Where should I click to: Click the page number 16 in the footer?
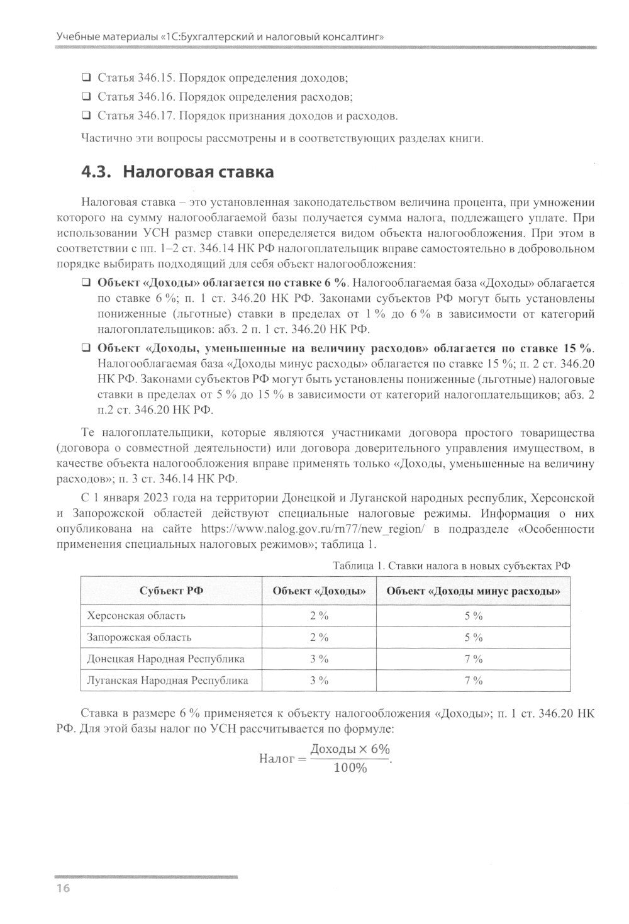63,888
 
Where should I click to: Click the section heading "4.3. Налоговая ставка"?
178,172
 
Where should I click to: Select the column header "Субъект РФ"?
171,591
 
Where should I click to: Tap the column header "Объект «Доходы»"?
319,591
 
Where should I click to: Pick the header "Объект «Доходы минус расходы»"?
473,591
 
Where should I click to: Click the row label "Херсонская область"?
136,615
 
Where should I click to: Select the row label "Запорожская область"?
139,637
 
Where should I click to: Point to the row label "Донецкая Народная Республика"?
166,659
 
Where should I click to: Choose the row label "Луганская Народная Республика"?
167,680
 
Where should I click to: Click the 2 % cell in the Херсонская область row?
319,615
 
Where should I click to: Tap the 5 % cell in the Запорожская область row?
473,637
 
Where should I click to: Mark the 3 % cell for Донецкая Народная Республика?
319,659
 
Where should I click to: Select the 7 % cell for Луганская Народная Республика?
473,680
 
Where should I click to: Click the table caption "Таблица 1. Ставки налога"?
451,565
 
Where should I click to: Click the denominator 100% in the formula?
350,769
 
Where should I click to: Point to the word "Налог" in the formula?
277,759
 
